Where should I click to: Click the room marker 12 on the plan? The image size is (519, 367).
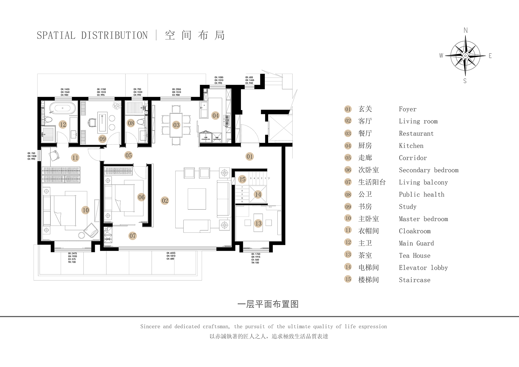63,124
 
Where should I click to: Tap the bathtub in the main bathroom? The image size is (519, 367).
63,108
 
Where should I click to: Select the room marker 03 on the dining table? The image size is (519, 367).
176,125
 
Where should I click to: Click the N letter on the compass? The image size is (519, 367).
465,30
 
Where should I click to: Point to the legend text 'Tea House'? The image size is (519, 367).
414,256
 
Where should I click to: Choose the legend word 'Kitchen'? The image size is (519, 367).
411,146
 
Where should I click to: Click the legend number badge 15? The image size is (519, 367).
348,279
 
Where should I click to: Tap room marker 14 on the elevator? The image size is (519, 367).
258,194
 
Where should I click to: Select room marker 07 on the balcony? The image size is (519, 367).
132,236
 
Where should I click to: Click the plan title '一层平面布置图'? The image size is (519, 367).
268,304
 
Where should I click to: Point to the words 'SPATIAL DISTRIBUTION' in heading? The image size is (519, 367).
92,35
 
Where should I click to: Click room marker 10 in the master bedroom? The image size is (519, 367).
86,210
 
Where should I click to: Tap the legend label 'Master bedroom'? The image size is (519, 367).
423,219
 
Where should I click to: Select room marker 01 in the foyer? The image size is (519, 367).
250,157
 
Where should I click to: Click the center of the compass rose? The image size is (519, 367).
465,56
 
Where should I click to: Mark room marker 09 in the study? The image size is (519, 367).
102,139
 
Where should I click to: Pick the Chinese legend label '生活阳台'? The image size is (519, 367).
372,182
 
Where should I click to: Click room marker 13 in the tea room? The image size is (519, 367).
258,224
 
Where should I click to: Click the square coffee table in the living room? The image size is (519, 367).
197,199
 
